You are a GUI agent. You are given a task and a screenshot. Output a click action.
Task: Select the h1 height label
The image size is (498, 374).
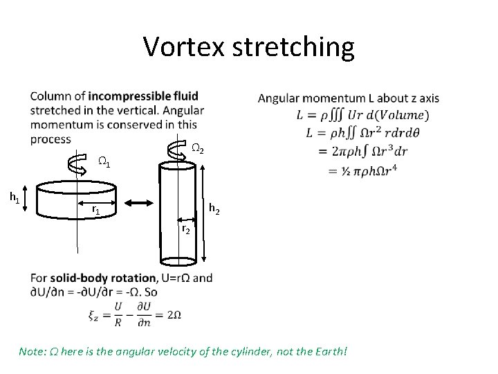click(x=13, y=197)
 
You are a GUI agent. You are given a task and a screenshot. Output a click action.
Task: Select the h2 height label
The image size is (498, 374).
click(x=215, y=210)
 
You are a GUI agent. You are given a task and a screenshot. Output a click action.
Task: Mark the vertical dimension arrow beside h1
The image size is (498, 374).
click(x=28, y=199)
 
